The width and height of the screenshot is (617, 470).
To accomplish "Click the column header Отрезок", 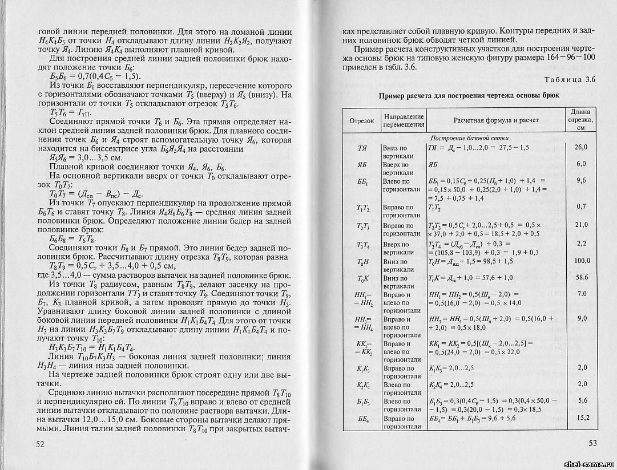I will (361, 120).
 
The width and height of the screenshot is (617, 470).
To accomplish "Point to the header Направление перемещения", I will (404, 120).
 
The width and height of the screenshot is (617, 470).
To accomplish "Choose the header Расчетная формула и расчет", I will (496, 120).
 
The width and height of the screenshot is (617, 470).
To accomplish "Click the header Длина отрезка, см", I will (581, 120).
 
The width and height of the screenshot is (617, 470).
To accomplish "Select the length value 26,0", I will (582, 147).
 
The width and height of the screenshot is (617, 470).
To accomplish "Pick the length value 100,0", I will (582, 261).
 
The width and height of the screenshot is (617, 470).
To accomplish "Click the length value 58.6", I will (582, 277).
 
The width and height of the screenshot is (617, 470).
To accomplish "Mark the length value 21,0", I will (582, 225).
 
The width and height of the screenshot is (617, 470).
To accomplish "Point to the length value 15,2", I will (582, 418).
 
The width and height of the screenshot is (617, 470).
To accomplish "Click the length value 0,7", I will (582, 206).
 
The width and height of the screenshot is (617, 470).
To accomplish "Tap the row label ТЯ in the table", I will (361, 148).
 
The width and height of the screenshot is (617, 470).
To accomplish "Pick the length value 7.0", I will (582, 293).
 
